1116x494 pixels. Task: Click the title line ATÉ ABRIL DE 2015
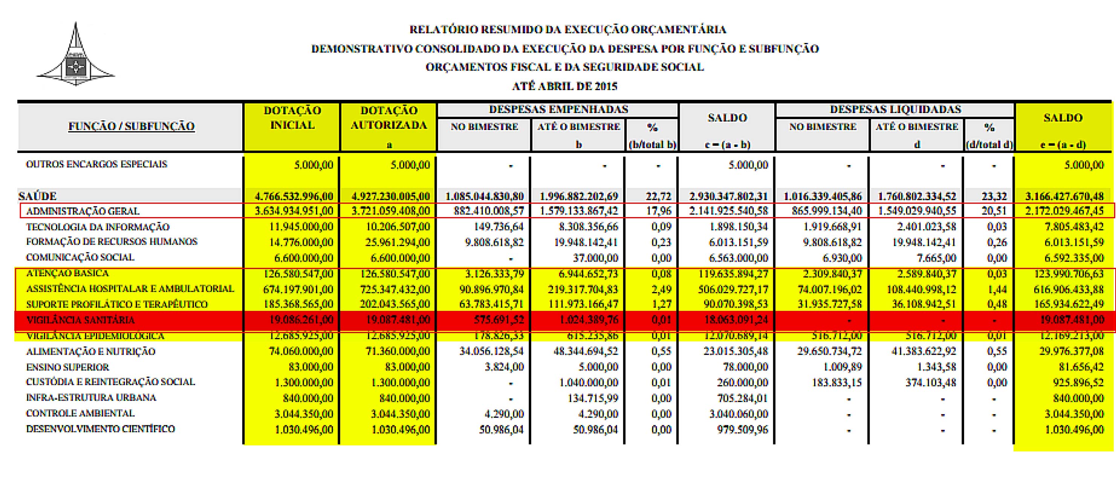(x=564, y=86)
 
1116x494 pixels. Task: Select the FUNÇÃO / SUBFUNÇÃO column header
(x=131, y=127)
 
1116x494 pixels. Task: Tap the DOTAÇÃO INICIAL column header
(x=292, y=118)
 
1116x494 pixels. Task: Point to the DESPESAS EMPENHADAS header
(x=558, y=109)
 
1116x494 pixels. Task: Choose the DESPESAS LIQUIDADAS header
(x=896, y=109)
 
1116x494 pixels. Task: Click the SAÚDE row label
(x=38, y=196)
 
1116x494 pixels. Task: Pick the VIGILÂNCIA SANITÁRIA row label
(x=81, y=320)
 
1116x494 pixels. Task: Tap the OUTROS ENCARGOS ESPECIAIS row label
(x=96, y=165)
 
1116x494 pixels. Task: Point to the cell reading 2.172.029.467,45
(x=1064, y=211)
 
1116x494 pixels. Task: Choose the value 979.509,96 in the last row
(x=741, y=430)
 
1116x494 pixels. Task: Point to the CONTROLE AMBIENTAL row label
(x=80, y=413)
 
